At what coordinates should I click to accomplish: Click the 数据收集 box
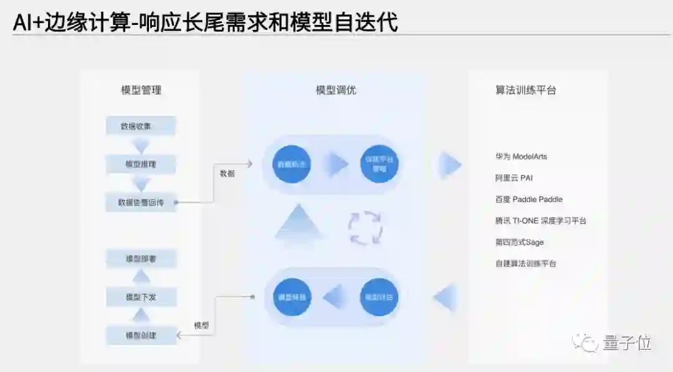141,126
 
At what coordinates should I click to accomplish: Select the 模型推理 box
141,165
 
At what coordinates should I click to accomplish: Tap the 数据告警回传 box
141,202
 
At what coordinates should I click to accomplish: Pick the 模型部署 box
141,259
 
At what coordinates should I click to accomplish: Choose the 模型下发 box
141,297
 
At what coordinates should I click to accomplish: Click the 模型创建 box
141,335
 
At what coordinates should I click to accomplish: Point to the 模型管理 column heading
141,90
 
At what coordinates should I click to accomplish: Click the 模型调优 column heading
336,90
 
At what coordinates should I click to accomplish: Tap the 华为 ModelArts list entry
521,156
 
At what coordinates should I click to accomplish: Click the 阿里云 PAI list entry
514,178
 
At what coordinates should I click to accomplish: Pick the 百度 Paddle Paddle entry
528,199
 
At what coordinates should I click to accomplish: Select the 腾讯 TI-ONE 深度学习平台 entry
540,221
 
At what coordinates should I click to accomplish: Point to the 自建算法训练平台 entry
525,264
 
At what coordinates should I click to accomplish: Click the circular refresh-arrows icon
365,228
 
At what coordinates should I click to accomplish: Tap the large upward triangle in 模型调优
298,223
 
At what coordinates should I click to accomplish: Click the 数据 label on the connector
227,174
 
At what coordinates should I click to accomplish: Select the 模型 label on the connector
201,325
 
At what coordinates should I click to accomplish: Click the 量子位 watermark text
627,342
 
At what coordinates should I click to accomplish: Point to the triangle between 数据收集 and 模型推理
141,146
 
